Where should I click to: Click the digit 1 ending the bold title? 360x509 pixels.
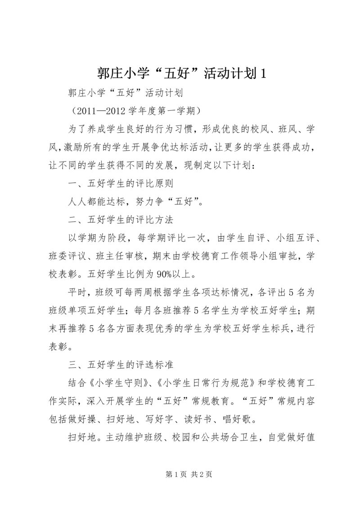263,73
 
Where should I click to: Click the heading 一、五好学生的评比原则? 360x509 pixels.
120,183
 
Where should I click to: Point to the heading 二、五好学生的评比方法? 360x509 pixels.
120,220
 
